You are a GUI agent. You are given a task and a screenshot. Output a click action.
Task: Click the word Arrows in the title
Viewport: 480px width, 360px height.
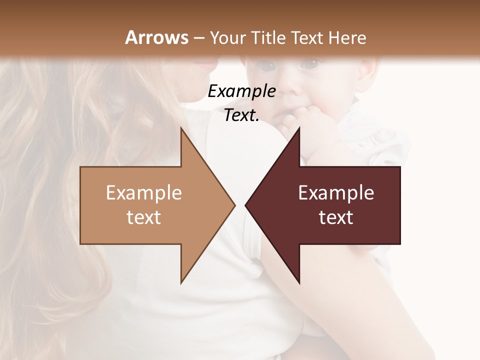pyautogui.click(x=156, y=37)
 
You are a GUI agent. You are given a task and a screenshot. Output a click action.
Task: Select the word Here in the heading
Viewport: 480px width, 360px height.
pyautogui.click(x=348, y=37)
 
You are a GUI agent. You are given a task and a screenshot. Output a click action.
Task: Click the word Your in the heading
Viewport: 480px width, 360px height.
pyautogui.click(x=227, y=37)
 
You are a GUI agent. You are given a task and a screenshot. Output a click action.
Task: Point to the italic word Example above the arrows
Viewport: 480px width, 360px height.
pyautogui.click(x=241, y=91)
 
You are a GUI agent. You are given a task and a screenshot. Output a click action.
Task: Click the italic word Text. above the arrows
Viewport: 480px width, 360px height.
pyautogui.click(x=241, y=115)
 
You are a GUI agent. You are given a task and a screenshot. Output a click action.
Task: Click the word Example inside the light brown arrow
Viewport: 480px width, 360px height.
pyautogui.click(x=143, y=193)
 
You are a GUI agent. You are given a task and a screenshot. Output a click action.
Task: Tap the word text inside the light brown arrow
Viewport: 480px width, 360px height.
pyautogui.click(x=143, y=217)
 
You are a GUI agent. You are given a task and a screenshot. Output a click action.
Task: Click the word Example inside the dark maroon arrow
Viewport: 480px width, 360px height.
pyautogui.click(x=336, y=193)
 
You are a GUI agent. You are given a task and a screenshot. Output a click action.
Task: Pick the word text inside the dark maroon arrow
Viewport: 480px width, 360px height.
pyautogui.click(x=336, y=217)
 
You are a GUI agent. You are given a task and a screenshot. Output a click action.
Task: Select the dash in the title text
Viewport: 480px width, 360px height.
pyautogui.click(x=198, y=38)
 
